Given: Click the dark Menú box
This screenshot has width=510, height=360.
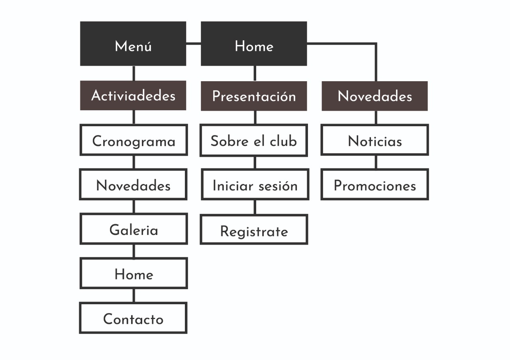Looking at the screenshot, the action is point(133,44).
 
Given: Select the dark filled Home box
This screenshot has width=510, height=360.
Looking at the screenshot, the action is point(254,44).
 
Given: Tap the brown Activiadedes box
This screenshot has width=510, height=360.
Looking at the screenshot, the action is point(133,95).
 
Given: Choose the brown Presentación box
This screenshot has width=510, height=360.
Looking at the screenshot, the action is point(254,96).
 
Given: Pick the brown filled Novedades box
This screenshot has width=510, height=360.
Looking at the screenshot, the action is point(375,96).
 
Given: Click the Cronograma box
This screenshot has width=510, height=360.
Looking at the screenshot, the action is point(133,140).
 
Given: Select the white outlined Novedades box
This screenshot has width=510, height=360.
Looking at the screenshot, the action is point(133,184).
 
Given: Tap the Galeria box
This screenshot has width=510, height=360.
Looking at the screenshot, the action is point(133,229).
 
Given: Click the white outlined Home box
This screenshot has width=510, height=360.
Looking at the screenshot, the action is point(133,273).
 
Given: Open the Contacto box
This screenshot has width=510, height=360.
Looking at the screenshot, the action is point(133,318).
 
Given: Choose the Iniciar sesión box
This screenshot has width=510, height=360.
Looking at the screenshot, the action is point(255,184).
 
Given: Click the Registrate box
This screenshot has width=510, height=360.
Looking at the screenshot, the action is point(254,229).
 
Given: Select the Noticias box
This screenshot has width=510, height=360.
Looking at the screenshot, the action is point(375,140).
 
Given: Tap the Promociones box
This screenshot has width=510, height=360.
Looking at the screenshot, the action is point(375,184).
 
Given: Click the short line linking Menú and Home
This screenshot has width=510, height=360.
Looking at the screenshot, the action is point(193,43).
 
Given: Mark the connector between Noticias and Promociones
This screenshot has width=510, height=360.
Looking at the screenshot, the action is point(376,162).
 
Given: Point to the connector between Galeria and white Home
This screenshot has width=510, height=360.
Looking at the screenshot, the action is point(133,251).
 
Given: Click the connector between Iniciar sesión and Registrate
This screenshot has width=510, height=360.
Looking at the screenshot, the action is point(255,207).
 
